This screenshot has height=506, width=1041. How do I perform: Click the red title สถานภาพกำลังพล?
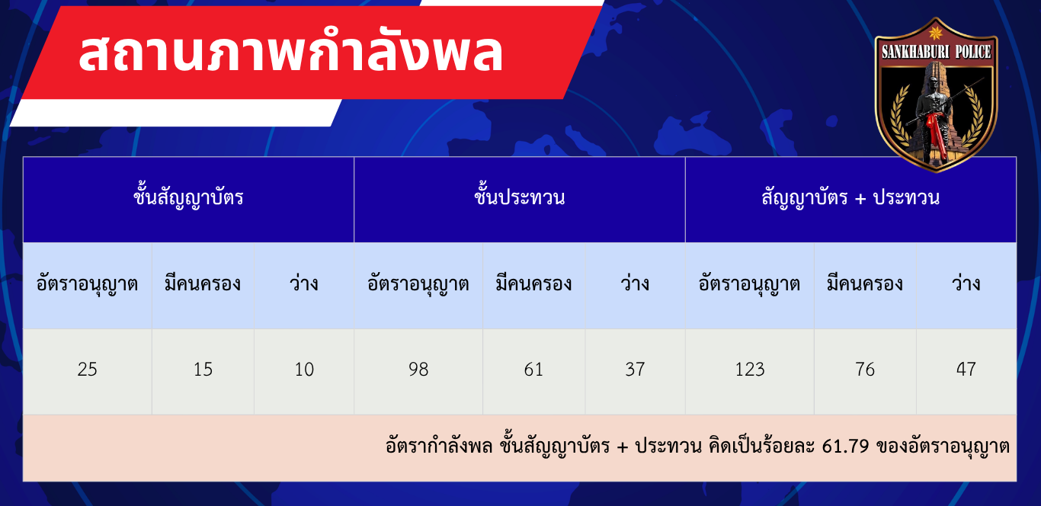291,53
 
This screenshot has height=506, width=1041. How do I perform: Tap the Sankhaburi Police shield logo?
936,94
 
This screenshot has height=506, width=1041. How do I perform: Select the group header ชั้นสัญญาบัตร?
188,198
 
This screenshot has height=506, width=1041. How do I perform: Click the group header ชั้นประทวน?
520,198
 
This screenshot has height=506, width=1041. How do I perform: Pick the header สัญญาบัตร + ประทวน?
850,198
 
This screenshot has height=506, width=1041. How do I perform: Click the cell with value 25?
88,370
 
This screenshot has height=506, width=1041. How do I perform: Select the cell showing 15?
203,370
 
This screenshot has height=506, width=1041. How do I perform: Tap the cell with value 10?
304,370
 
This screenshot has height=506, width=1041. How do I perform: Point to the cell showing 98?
418,370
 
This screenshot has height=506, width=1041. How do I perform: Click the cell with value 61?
533,370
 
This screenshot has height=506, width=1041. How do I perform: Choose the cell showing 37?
635,370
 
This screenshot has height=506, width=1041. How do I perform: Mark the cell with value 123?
750,370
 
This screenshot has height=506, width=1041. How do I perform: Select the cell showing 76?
865,370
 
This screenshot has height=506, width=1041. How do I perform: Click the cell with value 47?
966,370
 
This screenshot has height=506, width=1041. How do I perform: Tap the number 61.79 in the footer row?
845,447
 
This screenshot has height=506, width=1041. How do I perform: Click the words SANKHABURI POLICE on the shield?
936,52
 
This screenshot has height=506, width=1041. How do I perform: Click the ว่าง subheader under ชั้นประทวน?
635,283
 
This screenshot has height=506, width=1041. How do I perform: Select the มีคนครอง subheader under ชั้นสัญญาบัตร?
203,283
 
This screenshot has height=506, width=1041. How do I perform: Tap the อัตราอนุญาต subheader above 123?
749,284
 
